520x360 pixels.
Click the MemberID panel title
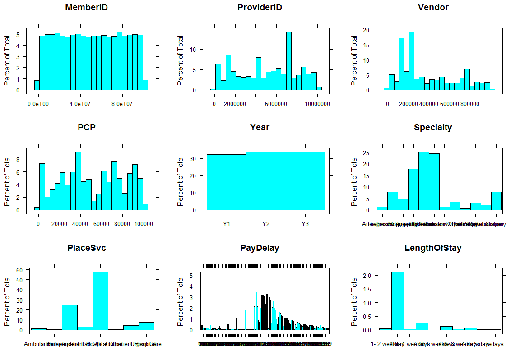coord(86,8)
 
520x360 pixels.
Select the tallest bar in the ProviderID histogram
coord(288,61)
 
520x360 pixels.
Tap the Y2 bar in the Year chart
coord(266,180)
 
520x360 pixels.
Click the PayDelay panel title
coord(260,248)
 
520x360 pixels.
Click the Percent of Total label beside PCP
coord(8,180)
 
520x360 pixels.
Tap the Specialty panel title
coord(432,128)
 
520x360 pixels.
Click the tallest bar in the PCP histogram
coord(78,180)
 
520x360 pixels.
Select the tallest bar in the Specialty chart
coord(423,180)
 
